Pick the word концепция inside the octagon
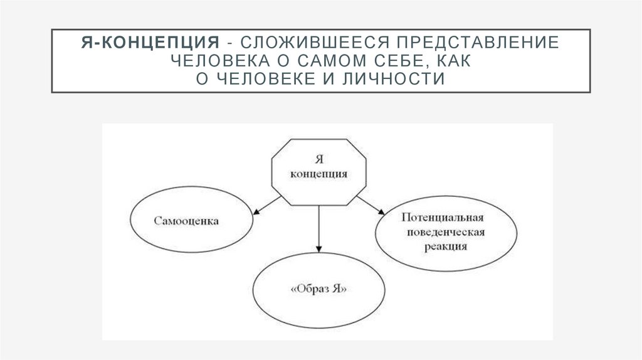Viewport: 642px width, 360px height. [x=319, y=174]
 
